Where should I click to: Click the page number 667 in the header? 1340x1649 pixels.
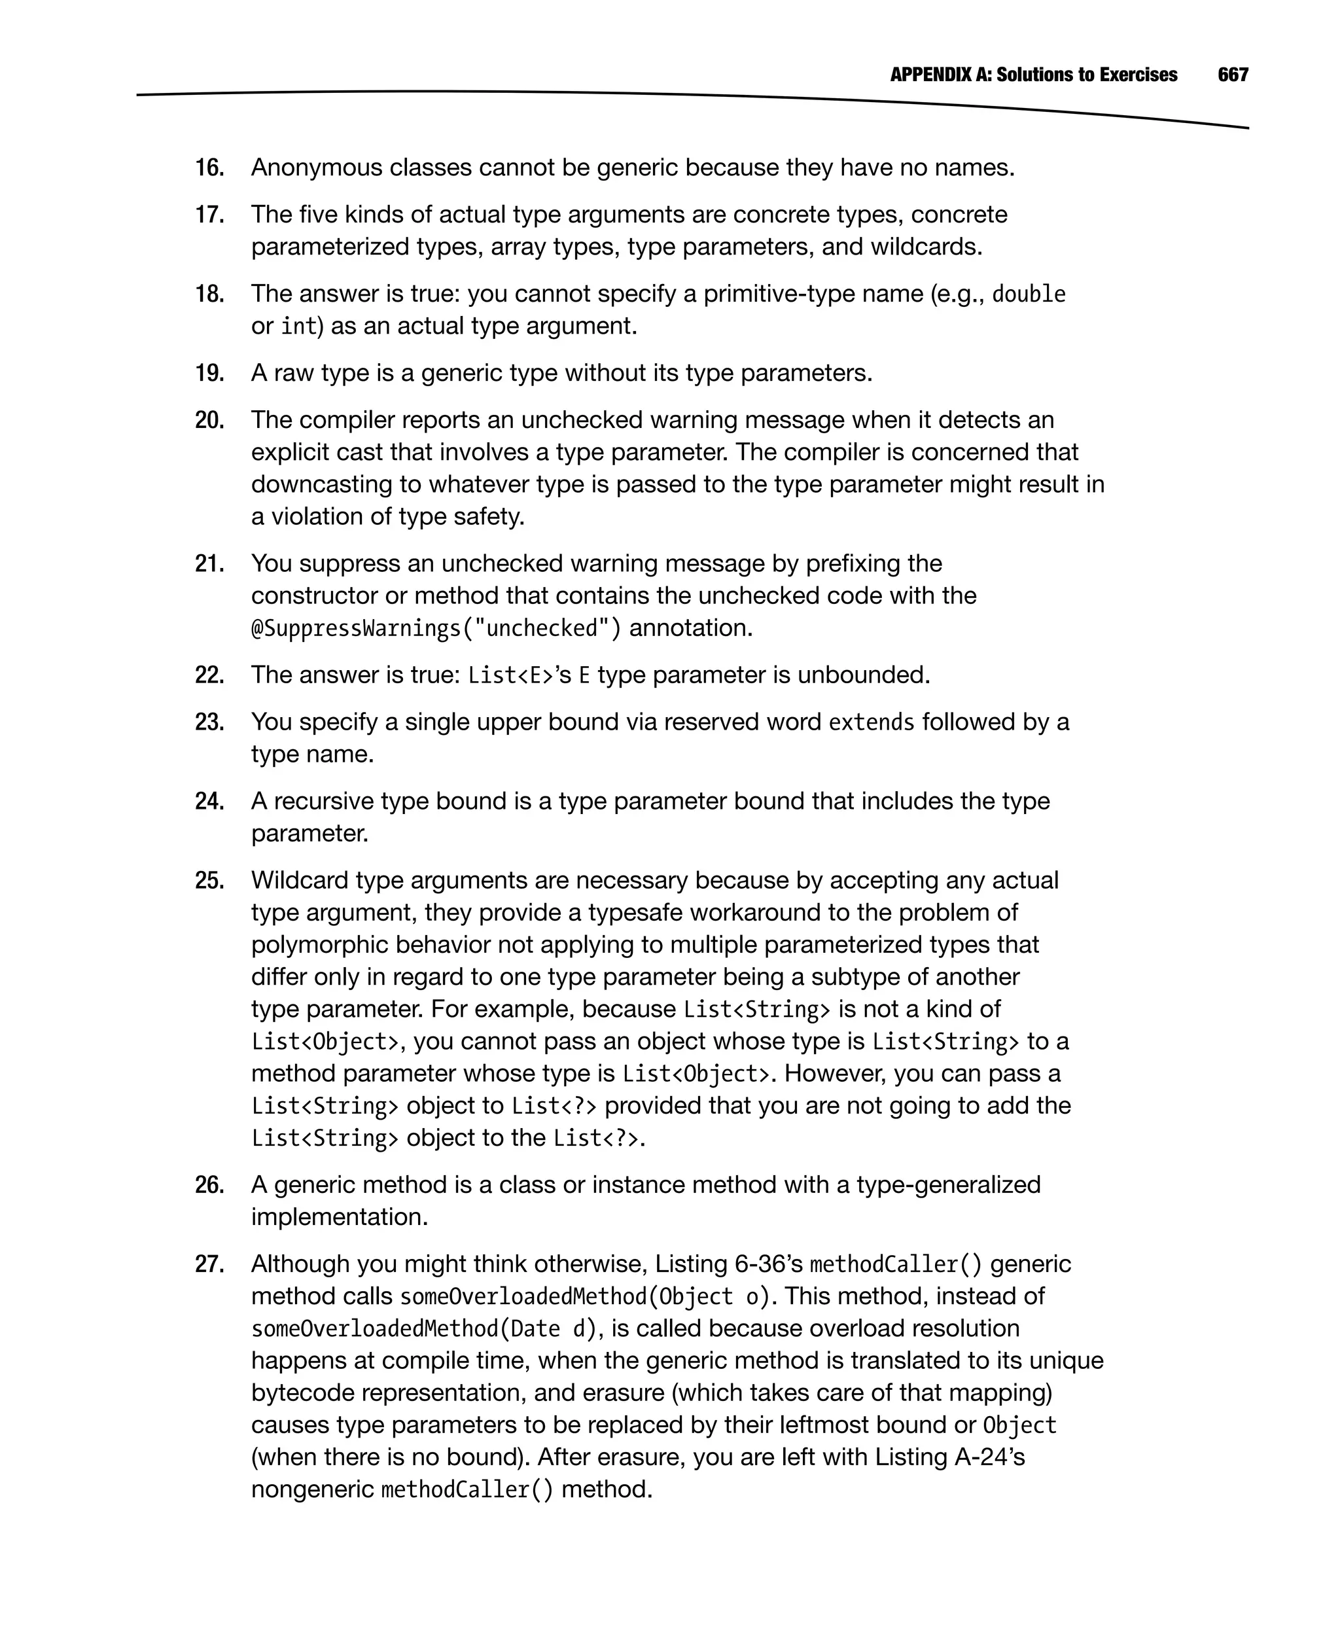[1233, 75]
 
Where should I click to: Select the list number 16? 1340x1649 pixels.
[209, 168]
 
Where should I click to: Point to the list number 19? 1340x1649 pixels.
[209, 373]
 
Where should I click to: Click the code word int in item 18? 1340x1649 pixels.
[299, 327]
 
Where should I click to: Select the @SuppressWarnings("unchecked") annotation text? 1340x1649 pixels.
[436, 628]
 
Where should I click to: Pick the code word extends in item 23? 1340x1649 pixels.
[871, 722]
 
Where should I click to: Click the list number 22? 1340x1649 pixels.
[209, 675]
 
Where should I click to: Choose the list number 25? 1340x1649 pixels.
[209, 881]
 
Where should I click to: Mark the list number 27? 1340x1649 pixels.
[209, 1264]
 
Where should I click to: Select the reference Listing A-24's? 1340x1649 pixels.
[949, 1457]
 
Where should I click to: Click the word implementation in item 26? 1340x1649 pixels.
[339, 1218]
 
